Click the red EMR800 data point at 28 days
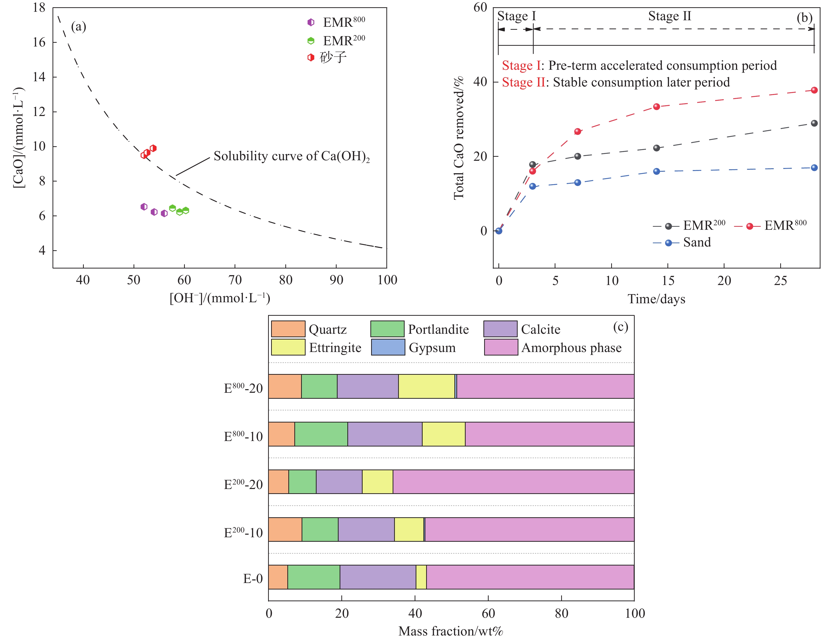tap(814, 90)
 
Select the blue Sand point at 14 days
tap(657, 171)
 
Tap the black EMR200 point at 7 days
tap(577, 156)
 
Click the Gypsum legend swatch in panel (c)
tap(388, 347)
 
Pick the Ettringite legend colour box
tap(288, 347)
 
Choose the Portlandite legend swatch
tap(387, 329)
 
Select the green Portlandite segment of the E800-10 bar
tap(321, 434)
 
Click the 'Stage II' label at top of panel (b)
tap(669, 16)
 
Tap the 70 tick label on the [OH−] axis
tap(235, 280)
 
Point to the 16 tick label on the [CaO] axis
tap(39, 42)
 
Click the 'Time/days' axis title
tap(656, 299)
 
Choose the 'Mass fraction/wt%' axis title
tap(451, 631)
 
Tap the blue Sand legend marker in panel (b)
tap(668, 242)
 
